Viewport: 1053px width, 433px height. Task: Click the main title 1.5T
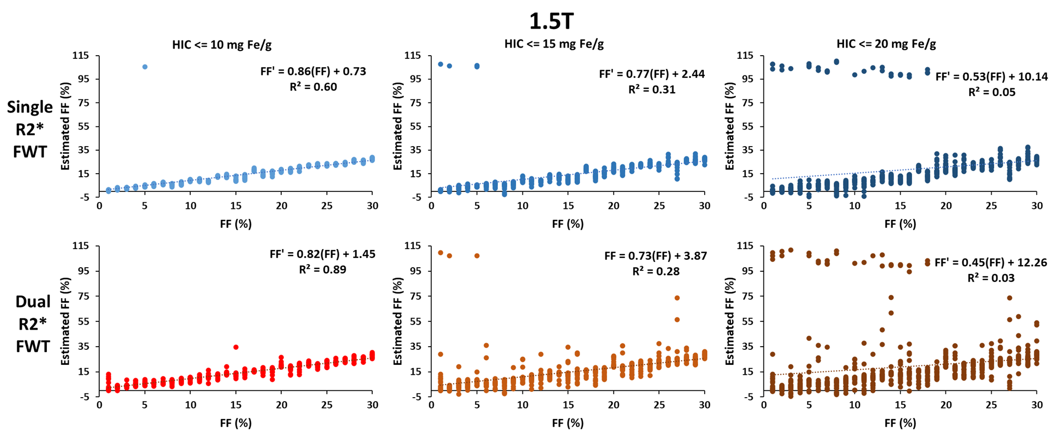click(551, 21)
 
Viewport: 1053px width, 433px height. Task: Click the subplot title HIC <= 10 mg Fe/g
click(222, 45)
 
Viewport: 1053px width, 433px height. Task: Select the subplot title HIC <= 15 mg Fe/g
click(554, 44)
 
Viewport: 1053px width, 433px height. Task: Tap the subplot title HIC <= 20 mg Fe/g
click(886, 44)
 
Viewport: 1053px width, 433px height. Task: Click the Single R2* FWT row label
click(30, 129)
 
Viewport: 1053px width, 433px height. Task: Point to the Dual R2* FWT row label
click(33, 323)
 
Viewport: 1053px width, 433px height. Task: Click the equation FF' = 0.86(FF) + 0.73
click(313, 72)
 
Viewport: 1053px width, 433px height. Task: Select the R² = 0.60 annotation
click(313, 87)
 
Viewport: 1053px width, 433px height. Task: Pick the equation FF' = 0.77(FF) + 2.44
click(652, 74)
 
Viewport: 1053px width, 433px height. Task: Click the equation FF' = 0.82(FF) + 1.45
click(322, 254)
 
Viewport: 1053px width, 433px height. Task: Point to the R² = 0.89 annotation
click(322, 269)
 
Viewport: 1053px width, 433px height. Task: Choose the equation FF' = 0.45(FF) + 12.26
click(991, 263)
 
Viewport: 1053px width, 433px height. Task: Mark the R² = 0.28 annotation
click(656, 271)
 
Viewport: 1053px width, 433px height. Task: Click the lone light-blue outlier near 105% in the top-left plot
click(145, 67)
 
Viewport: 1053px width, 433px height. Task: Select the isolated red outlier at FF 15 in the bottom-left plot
click(236, 347)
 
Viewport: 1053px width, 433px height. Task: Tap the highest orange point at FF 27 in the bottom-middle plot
click(677, 298)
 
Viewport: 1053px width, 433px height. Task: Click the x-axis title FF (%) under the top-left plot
click(235, 224)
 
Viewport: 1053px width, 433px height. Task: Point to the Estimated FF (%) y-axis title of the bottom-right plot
click(730, 321)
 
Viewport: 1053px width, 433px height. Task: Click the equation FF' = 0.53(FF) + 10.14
click(992, 77)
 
